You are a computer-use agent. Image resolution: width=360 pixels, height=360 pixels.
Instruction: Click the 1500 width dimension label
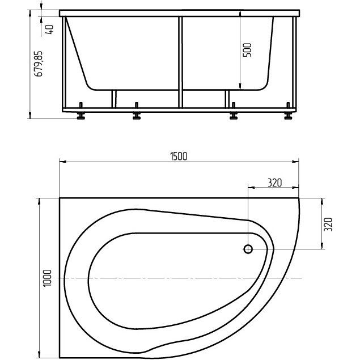coord(179,156)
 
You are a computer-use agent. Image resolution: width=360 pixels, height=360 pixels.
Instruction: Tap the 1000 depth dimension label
coord(48,278)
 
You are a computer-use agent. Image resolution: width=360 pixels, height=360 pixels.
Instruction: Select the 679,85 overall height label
coord(38,64)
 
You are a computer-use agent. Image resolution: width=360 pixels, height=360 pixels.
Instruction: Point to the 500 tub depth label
coord(247,50)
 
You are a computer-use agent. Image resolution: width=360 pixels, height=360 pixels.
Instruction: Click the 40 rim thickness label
coord(49,29)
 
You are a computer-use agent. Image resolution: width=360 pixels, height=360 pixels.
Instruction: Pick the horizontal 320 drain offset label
coord(274,183)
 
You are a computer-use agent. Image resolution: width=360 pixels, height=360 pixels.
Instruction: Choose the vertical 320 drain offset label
coord(328,225)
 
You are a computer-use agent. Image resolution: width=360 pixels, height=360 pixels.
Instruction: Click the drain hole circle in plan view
coord(248,249)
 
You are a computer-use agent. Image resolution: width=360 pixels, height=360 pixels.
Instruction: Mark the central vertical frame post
coord(180,62)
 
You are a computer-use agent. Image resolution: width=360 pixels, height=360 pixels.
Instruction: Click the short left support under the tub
coord(114,99)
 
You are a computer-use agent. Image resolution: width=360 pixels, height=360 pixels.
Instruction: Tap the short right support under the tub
coord(227,99)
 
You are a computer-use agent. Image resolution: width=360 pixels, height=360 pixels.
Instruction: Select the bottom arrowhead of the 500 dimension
coord(240,87)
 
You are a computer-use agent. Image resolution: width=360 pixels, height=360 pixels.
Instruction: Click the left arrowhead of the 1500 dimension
coord(63,162)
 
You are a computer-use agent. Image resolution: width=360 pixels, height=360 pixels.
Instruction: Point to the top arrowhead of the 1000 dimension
coord(39,201)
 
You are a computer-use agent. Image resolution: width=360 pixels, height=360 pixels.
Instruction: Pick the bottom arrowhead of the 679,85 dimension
coord(30,116)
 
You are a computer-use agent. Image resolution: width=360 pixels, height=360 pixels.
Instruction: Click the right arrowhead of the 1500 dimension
coord(295,162)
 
